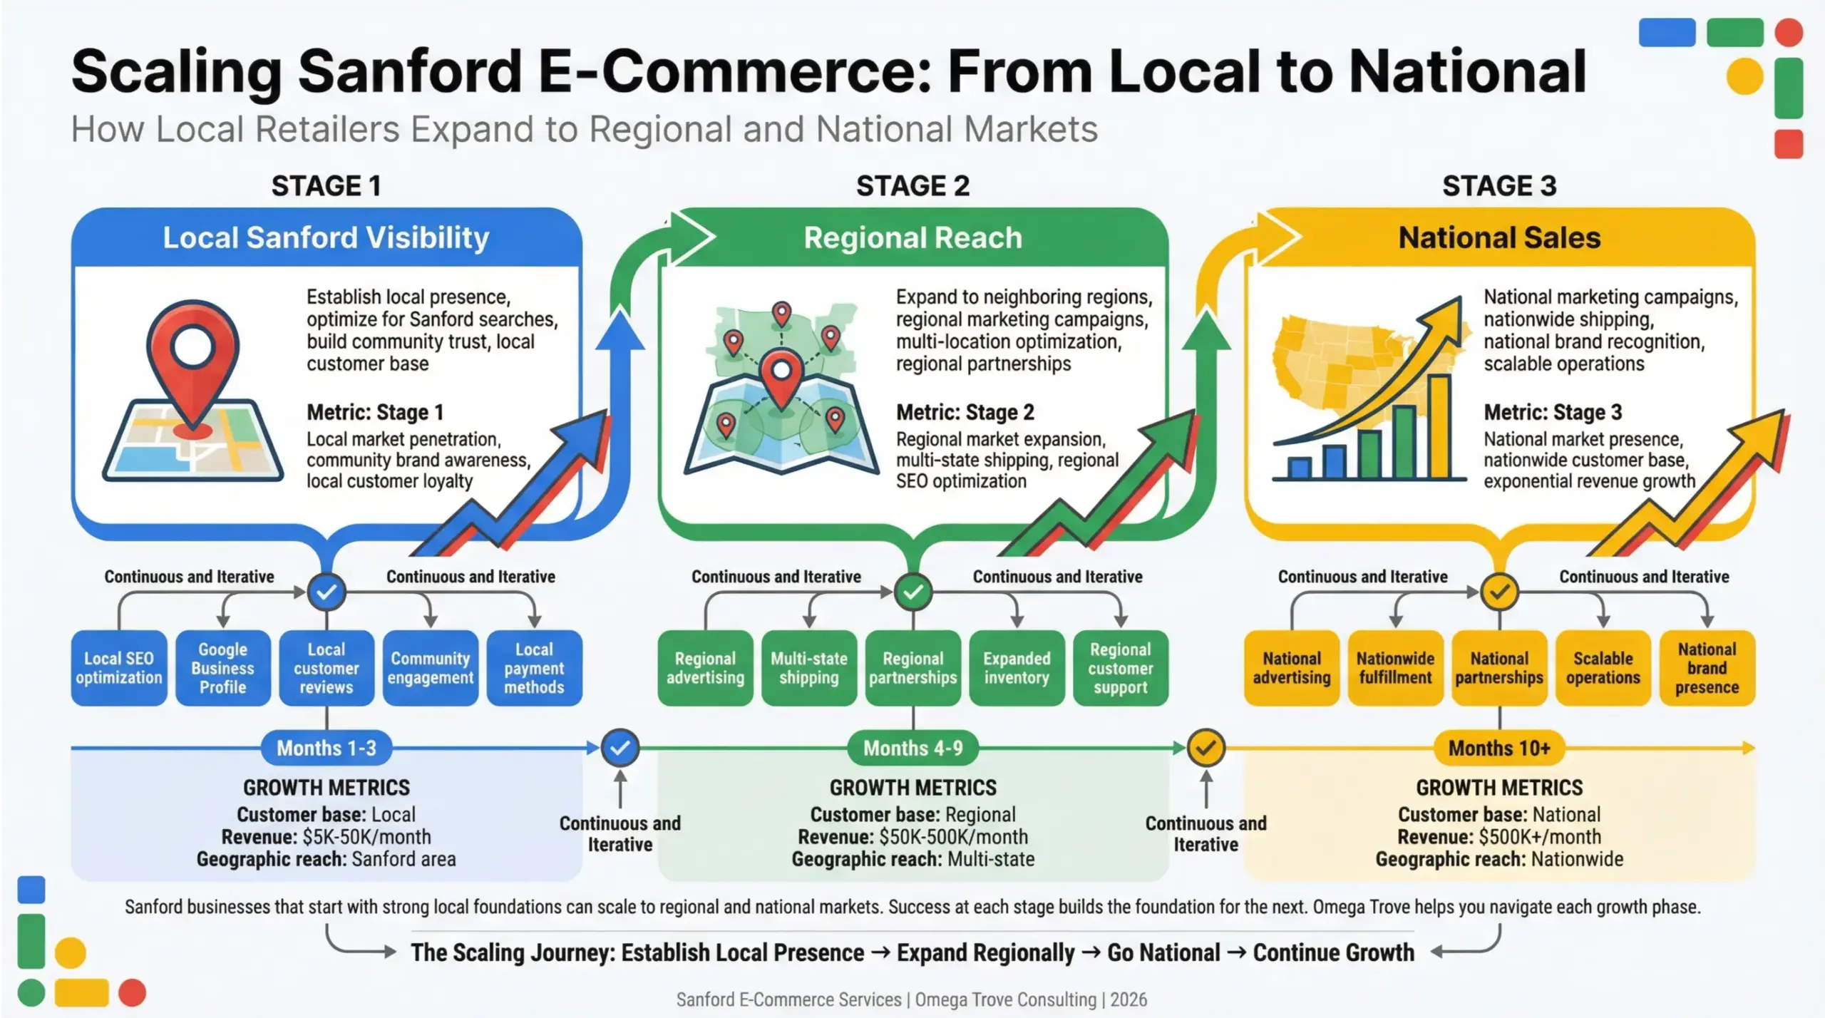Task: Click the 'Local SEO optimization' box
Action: tap(119, 668)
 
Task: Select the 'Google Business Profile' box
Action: tap(222, 668)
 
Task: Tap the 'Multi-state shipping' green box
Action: tap(809, 668)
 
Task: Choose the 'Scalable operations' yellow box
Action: tap(1603, 668)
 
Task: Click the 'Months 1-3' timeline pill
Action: tap(327, 748)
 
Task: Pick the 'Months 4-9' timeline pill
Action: tap(912, 748)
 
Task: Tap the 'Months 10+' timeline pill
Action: tap(1499, 748)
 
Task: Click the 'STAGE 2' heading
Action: tap(912, 186)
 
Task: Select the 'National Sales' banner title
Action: tap(1499, 237)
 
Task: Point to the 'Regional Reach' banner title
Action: tap(912, 237)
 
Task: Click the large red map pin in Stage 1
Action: tap(192, 356)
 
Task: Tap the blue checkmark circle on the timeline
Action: tap(620, 748)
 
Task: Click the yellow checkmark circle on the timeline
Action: tap(1205, 748)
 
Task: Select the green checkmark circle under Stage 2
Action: tap(913, 592)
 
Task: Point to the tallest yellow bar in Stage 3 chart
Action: tap(1439, 428)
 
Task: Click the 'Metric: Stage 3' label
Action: tap(1553, 412)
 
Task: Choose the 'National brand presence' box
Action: tap(1707, 668)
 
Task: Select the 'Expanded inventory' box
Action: tap(1017, 668)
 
